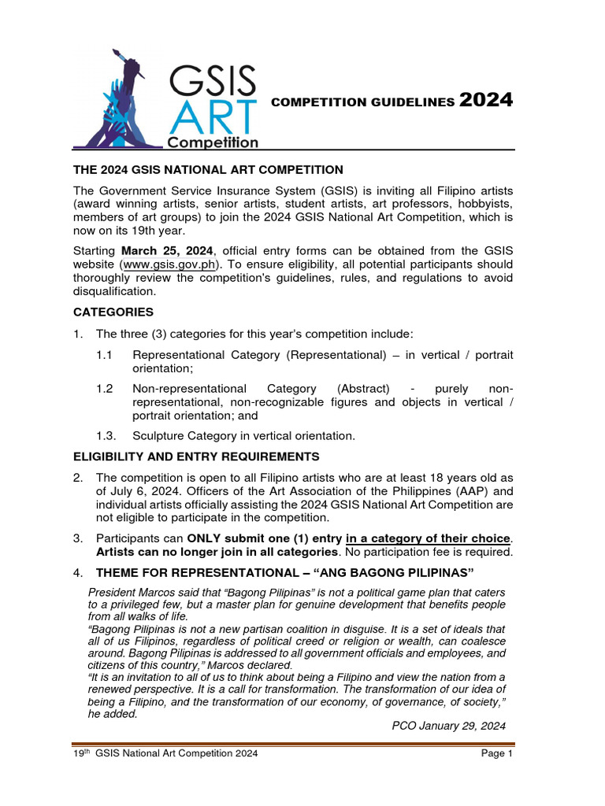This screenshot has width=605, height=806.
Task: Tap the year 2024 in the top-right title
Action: coord(486,100)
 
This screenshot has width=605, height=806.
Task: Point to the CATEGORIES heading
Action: coord(113,312)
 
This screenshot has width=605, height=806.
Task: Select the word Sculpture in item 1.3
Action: coord(161,435)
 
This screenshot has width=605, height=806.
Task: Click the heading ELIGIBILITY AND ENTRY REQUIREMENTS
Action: coord(196,457)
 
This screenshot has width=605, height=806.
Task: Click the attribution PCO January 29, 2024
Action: coord(448,725)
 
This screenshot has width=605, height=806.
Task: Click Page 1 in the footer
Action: coord(497,754)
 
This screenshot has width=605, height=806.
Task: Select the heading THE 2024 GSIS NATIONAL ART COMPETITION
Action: coord(208,169)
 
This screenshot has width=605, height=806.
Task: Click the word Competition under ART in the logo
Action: coord(212,142)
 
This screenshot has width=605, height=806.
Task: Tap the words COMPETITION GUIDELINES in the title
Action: coord(362,102)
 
